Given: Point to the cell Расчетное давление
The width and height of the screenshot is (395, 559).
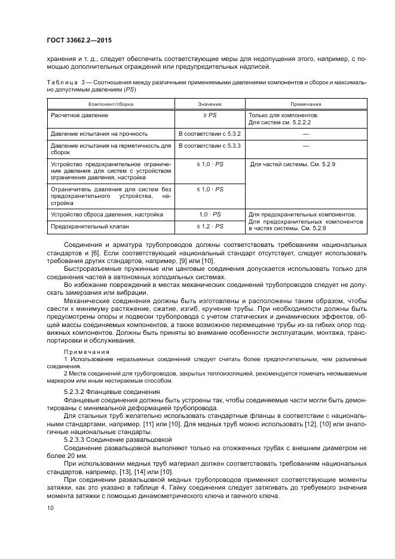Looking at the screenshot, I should (x=79, y=114).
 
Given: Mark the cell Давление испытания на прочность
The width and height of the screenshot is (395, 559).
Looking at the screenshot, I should (x=99, y=133).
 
